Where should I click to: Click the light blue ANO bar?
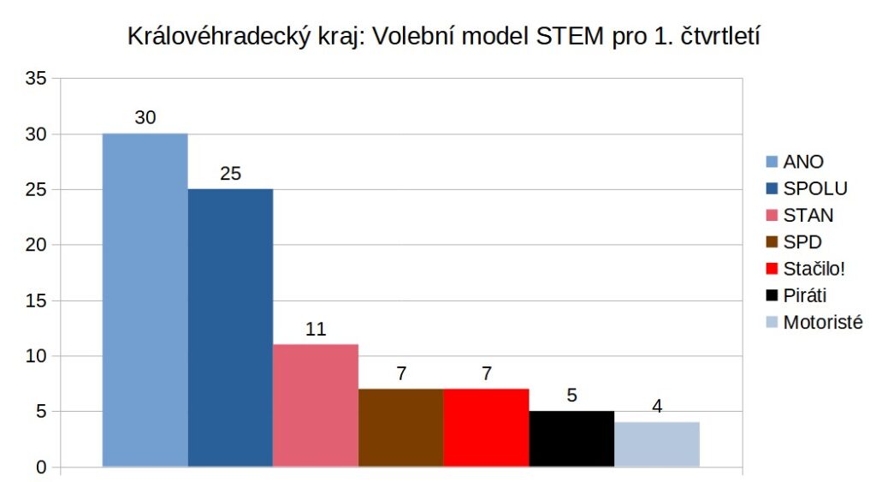coord(145,300)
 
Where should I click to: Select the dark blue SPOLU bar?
coord(230,328)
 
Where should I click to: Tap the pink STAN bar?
coord(316,405)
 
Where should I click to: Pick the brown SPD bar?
coord(401,427)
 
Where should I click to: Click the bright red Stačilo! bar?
coord(487,427)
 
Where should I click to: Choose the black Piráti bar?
coord(571,438)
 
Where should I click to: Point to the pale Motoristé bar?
coord(657,444)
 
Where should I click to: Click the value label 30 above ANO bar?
coord(145,118)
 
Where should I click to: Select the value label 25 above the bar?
coord(230,174)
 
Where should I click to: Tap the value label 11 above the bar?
coord(316,329)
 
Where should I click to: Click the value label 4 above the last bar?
coord(657,407)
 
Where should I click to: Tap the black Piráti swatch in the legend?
coord(772,296)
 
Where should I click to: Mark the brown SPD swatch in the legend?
coord(772,242)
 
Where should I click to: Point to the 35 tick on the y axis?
coord(37,79)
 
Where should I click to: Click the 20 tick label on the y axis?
coord(37,246)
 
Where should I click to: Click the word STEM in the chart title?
coord(580,38)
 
